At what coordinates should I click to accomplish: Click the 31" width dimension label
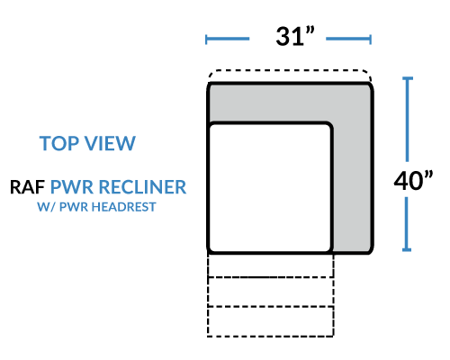point(295,36)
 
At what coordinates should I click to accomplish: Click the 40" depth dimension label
point(413,181)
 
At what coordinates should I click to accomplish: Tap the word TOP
point(59,143)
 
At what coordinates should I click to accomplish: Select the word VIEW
point(110,143)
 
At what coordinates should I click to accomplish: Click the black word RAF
point(27,187)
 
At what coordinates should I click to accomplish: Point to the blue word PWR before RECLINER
point(72,187)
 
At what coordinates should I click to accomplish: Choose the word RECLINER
point(142,187)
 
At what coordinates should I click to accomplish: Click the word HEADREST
point(123,207)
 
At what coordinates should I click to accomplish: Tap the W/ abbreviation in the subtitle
point(46,207)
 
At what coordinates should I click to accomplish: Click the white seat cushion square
point(270,187)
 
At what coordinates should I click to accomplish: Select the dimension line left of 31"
point(228,39)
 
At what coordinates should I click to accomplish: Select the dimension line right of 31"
point(349,39)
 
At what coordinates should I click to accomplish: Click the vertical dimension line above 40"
point(407,120)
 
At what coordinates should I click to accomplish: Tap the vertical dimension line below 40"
point(407,224)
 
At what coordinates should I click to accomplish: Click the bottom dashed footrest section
point(270,321)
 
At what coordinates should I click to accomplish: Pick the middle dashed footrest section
point(270,292)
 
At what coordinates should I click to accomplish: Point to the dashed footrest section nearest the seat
point(270,265)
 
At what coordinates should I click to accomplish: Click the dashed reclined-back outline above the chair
point(290,71)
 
